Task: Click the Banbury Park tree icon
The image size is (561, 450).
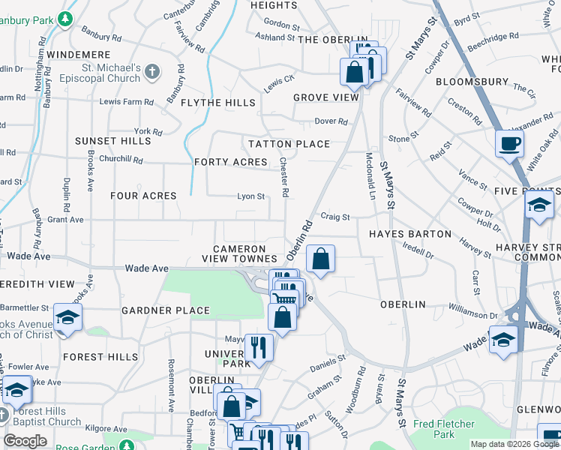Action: click(67, 19)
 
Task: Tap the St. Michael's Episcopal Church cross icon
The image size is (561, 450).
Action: click(152, 71)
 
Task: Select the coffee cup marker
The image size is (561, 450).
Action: click(510, 143)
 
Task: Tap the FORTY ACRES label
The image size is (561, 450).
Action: click(230, 162)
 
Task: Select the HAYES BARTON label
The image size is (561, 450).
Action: click(409, 234)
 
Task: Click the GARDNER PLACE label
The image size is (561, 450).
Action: click(166, 310)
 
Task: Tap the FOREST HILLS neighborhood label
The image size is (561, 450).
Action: click(100, 357)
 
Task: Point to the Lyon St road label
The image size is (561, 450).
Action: click(251, 196)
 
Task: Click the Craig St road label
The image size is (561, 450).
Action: click(335, 217)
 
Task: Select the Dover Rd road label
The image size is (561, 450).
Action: click(331, 121)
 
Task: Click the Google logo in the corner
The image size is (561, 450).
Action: click(25, 441)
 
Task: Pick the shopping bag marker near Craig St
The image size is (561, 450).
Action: click(320, 259)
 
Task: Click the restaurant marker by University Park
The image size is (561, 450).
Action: click(259, 348)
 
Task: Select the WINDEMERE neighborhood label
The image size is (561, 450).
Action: click(78, 55)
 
